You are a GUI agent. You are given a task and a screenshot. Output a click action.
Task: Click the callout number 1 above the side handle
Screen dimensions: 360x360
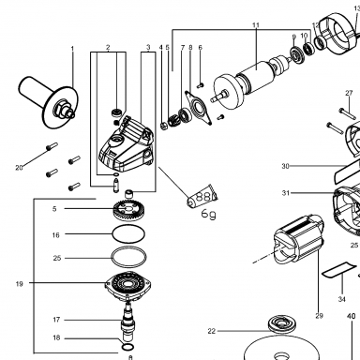click(x=72, y=49)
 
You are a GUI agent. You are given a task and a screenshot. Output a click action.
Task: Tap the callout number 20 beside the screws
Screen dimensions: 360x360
click(x=19, y=168)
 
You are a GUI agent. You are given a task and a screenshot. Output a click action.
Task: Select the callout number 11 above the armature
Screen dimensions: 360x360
click(x=256, y=25)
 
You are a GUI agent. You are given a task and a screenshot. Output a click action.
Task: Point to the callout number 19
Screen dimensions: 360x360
click(x=20, y=284)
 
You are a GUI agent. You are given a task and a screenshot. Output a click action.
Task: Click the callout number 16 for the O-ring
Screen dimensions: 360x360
click(x=55, y=234)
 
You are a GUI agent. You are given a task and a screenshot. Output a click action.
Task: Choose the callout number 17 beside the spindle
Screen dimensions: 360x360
click(x=56, y=320)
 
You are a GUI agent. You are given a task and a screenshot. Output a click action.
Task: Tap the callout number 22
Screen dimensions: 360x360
click(x=212, y=331)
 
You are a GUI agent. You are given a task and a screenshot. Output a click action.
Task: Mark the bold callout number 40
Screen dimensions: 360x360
click(x=352, y=316)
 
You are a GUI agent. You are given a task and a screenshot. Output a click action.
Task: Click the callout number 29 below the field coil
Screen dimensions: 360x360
click(x=319, y=316)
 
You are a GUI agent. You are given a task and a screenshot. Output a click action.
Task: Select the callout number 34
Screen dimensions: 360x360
click(x=342, y=299)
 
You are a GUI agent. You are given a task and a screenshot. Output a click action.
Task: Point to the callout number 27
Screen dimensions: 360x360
click(x=349, y=93)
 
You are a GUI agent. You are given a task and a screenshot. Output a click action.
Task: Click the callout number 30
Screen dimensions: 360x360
click(x=285, y=166)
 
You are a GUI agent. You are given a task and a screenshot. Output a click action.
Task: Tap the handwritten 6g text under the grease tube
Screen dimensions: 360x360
click(x=208, y=214)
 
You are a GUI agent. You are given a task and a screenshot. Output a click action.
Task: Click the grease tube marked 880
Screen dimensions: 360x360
click(x=202, y=196)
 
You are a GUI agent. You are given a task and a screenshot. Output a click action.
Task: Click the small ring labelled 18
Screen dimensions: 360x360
click(x=127, y=347)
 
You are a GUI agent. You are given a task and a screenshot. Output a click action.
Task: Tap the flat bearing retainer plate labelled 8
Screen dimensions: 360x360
click(x=199, y=107)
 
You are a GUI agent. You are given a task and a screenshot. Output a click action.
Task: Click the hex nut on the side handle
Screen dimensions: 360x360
click(x=61, y=109)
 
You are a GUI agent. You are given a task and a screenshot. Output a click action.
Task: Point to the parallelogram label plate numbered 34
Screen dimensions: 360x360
click(x=339, y=269)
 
